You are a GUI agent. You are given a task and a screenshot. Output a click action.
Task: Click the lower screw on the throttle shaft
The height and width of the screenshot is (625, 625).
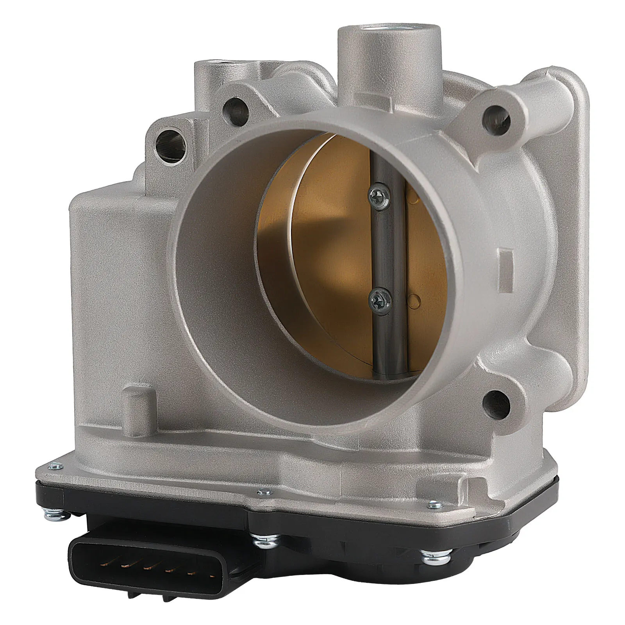point(378,300)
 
